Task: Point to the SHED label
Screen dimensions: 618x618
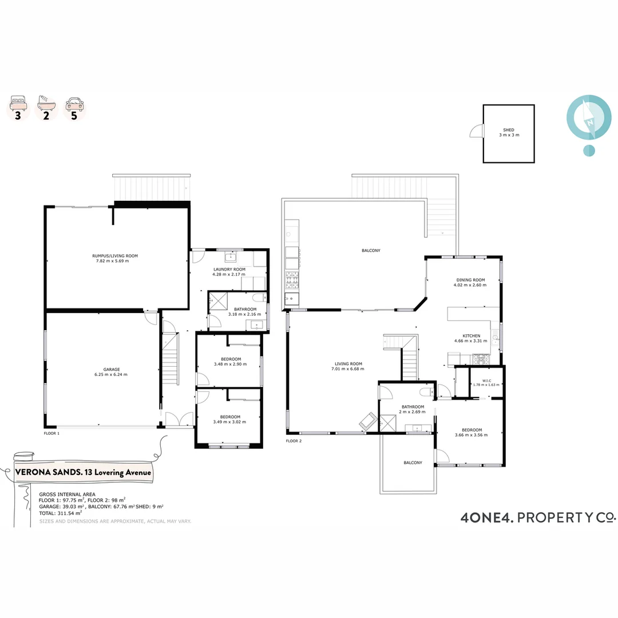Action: point(508,130)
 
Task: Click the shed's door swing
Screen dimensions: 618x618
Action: point(476,132)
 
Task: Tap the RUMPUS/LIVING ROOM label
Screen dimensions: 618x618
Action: point(115,256)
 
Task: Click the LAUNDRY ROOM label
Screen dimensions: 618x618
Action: point(229,269)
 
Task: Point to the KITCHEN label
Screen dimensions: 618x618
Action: point(471,336)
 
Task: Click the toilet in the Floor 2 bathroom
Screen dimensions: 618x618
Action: point(426,392)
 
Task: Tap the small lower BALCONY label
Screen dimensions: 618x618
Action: point(412,462)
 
